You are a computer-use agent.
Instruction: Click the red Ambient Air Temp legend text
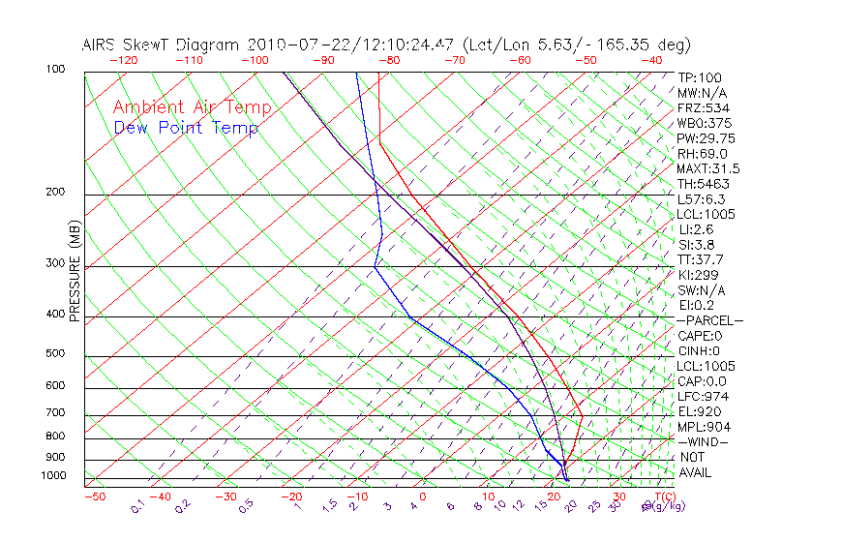pyautogui.click(x=192, y=107)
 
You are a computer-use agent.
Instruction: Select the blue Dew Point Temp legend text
pyautogui.click(x=186, y=128)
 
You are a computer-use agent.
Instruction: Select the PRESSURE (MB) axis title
pyautogui.click(x=75, y=271)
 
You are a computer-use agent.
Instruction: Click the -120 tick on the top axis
pyautogui.click(x=123, y=60)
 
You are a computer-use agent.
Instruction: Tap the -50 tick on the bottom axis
pyautogui.click(x=94, y=497)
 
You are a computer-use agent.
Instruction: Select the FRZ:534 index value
pyautogui.click(x=699, y=107)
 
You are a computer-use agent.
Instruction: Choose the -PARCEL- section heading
pyautogui.click(x=709, y=320)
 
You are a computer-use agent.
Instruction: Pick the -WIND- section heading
pyautogui.click(x=702, y=442)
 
